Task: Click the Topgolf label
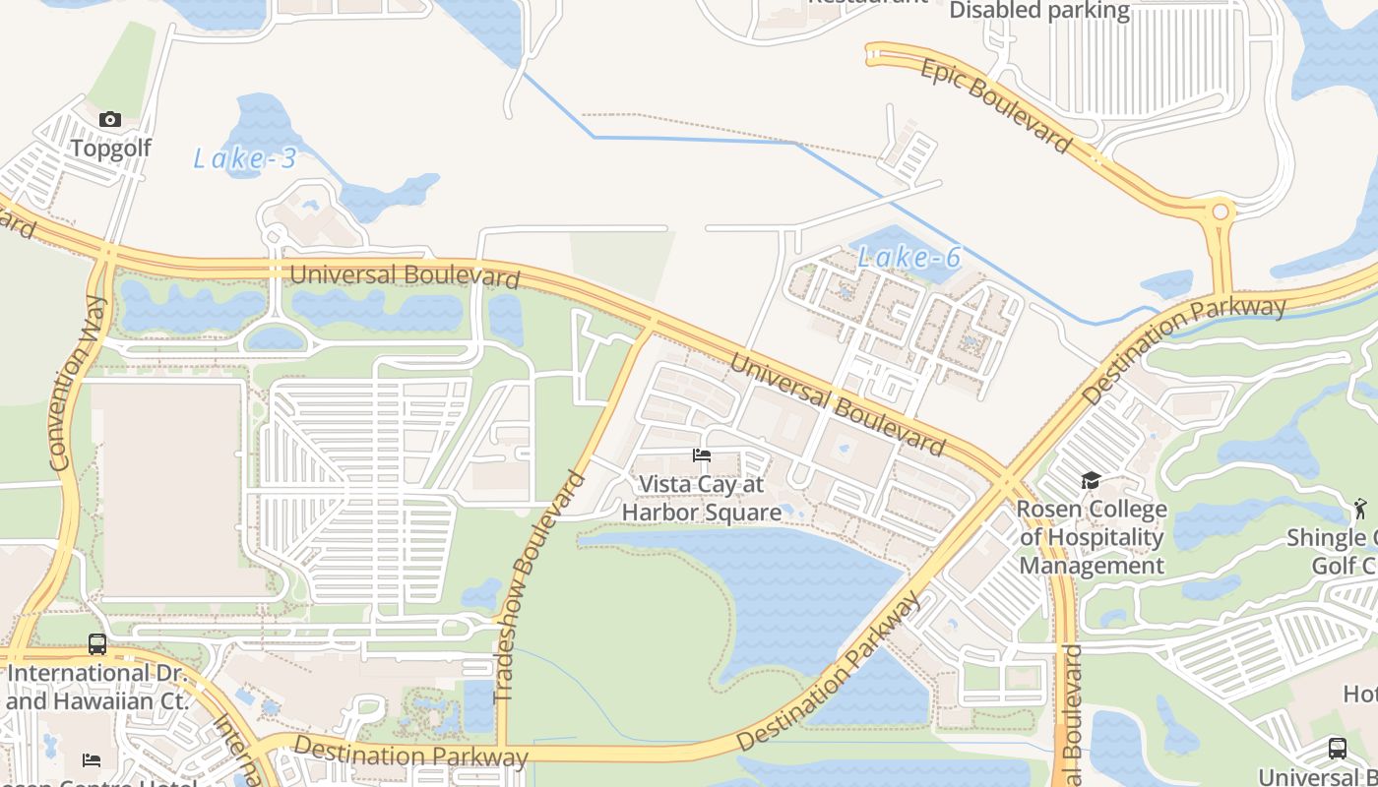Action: pyautogui.click(x=110, y=149)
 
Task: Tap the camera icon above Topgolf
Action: pyautogui.click(x=110, y=120)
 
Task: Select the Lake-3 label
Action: pyautogui.click(x=244, y=158)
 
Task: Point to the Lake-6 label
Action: pyautogui.click(x=908, y=258)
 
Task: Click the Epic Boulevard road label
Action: pyautogui.click(x=995, y=105)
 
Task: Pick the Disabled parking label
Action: pyautogui.click(x=1039, y=11)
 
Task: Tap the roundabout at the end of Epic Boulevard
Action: pyautogui.click(x=1221, y=212)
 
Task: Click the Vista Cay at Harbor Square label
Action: pyautogui.click(x=702, y=498)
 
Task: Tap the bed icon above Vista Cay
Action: pyautogui.click(x=702, y=455)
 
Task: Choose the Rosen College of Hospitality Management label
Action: pyautogui.click(x=1092, y=537)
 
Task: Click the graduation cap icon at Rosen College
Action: pyautogui.click(x=1091, y=481)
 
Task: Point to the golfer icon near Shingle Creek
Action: pyautogui.click(x=1360, y=509)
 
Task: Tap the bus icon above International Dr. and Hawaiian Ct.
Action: pyautogui.click(x=97, y=644)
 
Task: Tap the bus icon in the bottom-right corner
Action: pyautogui.click(x=1337, y=748)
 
